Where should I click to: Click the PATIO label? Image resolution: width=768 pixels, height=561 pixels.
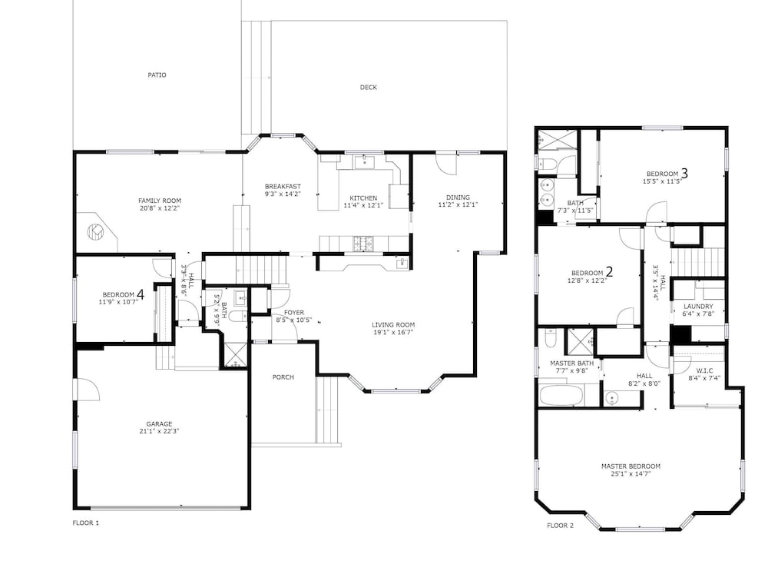(x=157, y=75)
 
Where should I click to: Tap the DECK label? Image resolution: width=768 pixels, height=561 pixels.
(x=369, y=87)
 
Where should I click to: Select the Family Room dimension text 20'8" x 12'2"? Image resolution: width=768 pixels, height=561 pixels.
(x=160, y=207)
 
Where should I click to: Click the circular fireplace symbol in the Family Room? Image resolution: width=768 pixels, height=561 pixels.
(x=95, y=231)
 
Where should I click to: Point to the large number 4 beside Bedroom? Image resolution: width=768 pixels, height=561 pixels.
(x=141, y=294)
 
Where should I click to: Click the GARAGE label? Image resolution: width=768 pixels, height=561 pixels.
(x=159, y=423)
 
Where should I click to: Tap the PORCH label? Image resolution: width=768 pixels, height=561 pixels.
(x=283, y=377)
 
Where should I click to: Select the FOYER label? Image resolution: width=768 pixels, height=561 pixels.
(x=294, y=313)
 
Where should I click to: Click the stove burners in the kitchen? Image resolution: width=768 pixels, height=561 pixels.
(x=363, y=241)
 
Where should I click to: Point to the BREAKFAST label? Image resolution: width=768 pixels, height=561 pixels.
(x=283, y=186)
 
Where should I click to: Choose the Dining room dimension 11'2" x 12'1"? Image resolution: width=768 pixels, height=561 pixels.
(x=458, y=204)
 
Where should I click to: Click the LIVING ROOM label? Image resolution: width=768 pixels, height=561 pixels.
(x=393, y=324)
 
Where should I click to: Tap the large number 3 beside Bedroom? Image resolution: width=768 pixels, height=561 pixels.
(x=685, y=173)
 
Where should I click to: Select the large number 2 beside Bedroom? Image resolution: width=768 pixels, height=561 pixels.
(x=610, y=271)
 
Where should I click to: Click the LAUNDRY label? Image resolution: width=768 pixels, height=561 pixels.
(x=698, y=306)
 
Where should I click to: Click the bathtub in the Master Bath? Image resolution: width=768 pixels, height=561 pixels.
(x=562, y=396)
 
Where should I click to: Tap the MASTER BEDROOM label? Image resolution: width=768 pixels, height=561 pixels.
(x=631, y=466)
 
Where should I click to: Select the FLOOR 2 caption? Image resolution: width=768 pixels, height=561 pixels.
(x=560, y=526)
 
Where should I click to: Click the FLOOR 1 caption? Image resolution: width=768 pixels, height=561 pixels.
(x=86, y=523)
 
